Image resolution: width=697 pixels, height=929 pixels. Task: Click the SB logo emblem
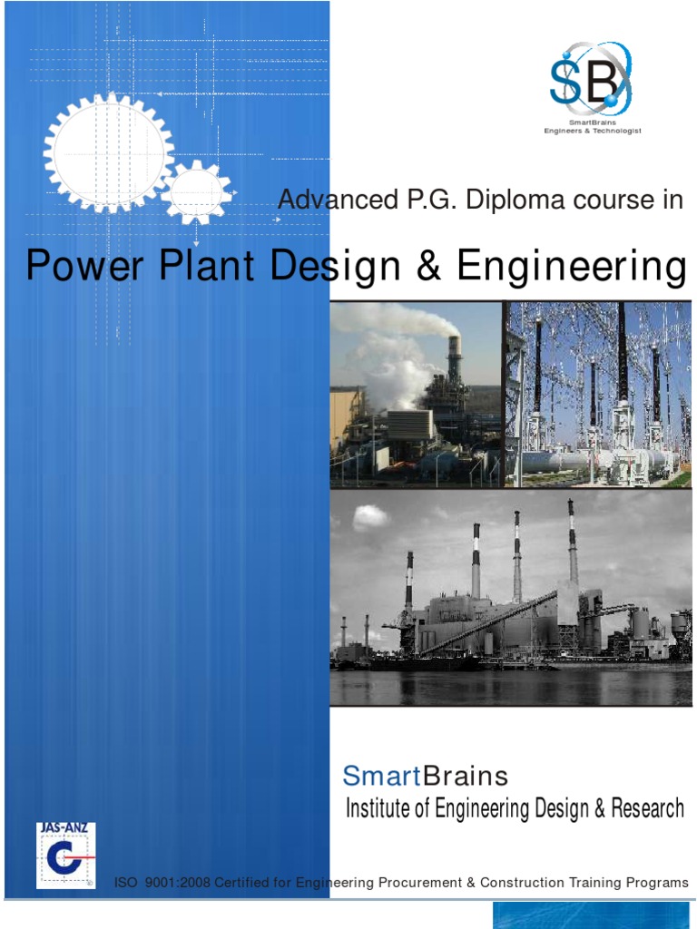[x=590, y=82]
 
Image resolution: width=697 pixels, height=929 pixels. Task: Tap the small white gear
[x=197, y=191]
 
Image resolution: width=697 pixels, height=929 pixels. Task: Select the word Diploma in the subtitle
[x=506, y=200]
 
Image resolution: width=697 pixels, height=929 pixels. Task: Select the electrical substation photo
[x=598, y=394]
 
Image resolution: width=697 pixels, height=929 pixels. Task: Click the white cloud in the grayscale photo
[x=370, y=517]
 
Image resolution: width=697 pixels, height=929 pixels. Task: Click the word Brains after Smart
[x=466, y=777]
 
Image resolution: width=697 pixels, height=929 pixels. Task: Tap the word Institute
[x=378, y=808]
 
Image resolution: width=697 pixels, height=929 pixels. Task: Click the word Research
[x=648, y=808]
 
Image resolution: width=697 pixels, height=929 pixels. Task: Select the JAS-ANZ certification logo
[x=65, y=856]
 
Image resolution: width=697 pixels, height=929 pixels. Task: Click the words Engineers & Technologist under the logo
[x=592, y=131]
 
